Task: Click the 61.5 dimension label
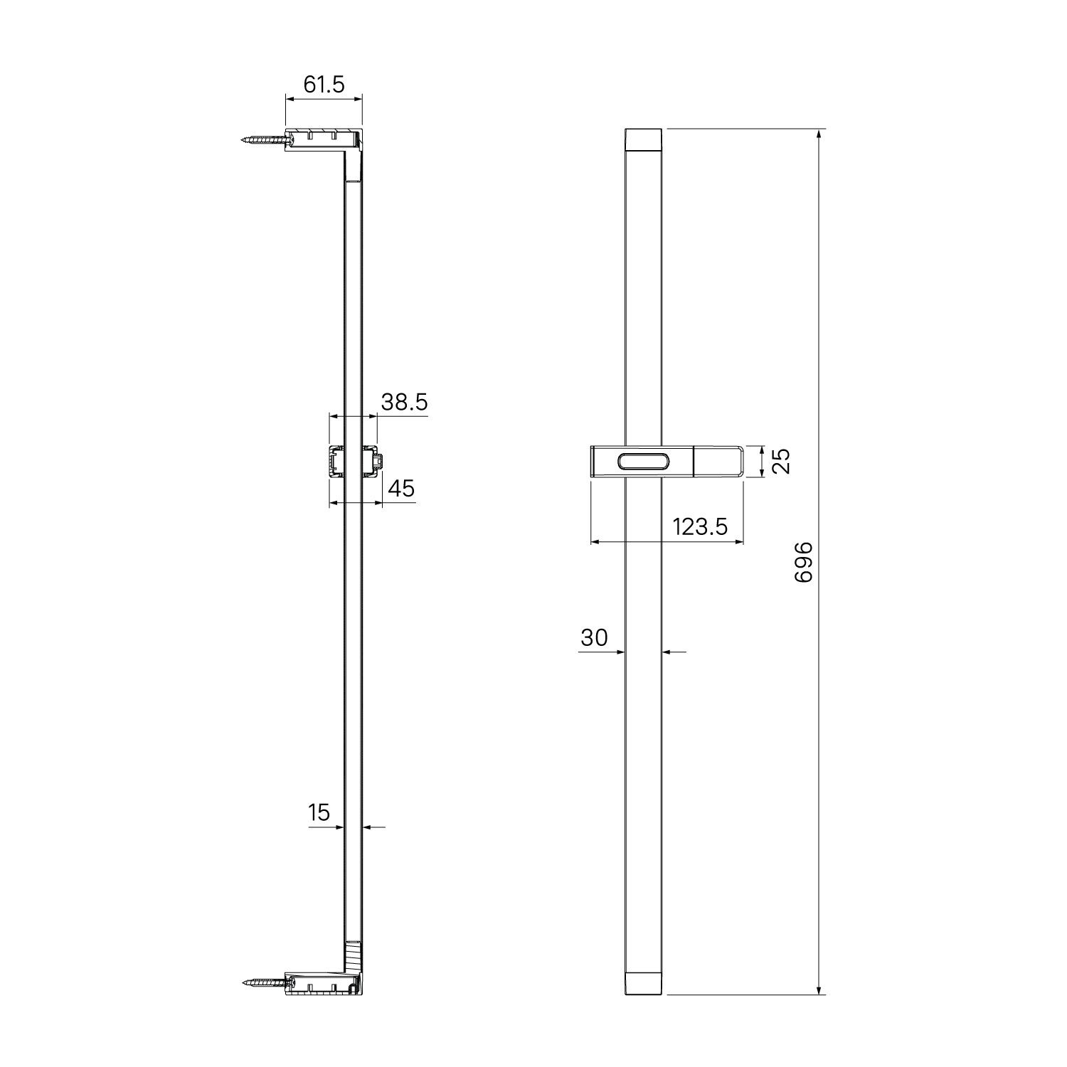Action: point(324,85)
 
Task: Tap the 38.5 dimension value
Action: point(404,402)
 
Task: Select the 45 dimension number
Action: point(401,489)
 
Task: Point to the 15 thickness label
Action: point(320,812)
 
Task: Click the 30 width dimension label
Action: point(594,637)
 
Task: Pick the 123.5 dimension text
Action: point(700,526)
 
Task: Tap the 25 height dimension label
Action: point(780,462)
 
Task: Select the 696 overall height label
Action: point(803,562)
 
